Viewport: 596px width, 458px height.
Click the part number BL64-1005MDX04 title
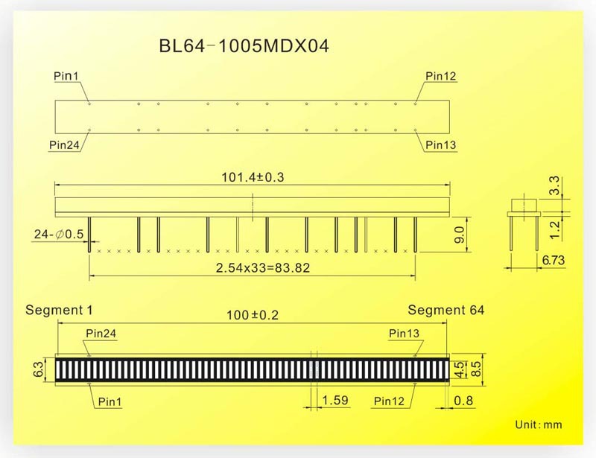pos(244,46)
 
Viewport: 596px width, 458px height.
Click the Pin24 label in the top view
pos(65,144)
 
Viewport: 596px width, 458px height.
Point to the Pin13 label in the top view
pos(441,144)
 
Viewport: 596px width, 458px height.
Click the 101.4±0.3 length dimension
pos(253,177)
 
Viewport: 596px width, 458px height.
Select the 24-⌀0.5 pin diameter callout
pos(59,235)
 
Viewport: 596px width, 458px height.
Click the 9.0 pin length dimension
pos(460,235)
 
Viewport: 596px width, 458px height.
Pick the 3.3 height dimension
pos(554,185)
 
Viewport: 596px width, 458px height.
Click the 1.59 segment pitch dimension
pos(335,401)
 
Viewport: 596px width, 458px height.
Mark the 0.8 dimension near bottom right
pos(462,401)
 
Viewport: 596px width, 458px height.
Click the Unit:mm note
pos(539,424)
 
